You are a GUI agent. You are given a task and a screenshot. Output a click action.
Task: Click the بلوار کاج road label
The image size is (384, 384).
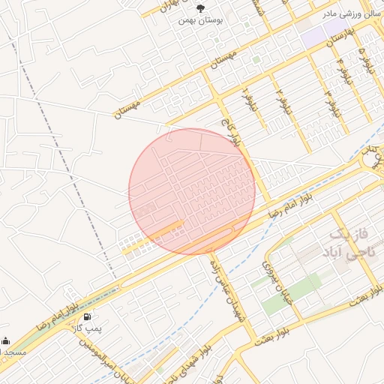pyautogui.click(x=229, y=128)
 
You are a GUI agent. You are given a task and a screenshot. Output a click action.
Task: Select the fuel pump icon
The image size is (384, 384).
pyautogui.click(x=90, y=317)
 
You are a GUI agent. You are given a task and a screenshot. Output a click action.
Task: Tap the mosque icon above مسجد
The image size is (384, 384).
pyautogui.click(x=6, y=340)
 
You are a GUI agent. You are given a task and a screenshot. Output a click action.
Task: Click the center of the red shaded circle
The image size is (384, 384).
pyautogui.click(x=192, y=191)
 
